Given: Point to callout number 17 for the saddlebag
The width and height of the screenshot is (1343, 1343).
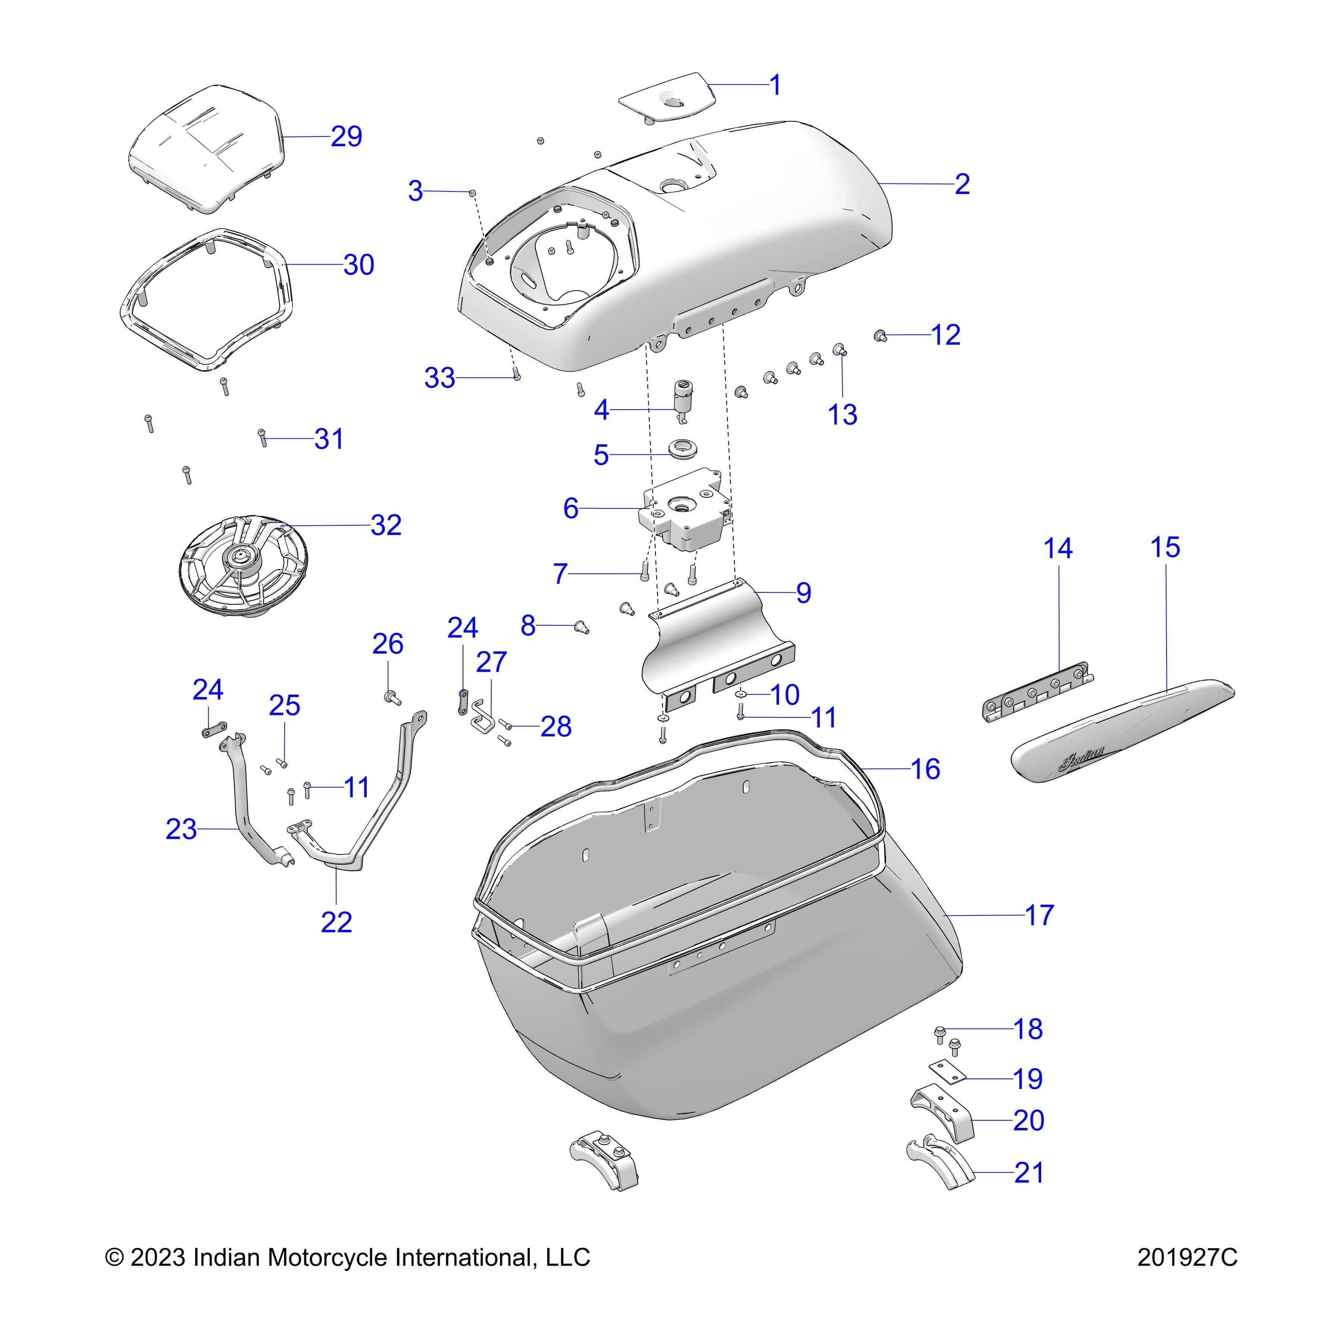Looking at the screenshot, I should [1039, 915].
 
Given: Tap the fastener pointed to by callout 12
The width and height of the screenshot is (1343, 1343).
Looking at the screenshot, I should [880, 336].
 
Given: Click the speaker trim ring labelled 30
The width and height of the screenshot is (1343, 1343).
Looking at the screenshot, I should [204, 299].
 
